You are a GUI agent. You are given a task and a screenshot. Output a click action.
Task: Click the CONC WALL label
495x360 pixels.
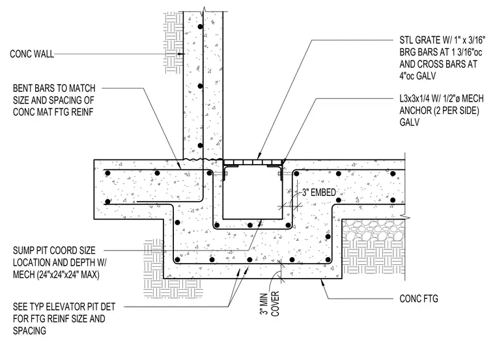click(x=31, y=54)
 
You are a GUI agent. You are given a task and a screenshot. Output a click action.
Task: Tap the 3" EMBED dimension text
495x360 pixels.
click(x=319, y=193)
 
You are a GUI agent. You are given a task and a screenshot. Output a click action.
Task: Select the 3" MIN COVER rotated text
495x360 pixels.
click(x=270, y=303)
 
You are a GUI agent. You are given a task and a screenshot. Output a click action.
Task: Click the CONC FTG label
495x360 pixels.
click(x=419, y=298)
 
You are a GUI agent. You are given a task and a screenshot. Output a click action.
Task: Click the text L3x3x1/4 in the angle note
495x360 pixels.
click(x=417, y=99)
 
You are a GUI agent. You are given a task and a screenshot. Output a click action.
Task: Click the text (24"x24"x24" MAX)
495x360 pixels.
click(x=56, y=275)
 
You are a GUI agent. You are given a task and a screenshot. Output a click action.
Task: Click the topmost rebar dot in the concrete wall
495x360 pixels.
click(x=200, y=27)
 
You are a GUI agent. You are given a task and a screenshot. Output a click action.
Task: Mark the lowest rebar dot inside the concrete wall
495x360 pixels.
click(x=200, y=145)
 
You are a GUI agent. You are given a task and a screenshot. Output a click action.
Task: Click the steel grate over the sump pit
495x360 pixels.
click(x=253, y=162)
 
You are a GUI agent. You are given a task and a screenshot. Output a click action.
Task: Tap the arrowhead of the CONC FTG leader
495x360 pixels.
click(x=322, y=282)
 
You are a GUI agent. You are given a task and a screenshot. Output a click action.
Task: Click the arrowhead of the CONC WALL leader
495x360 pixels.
click(x=181, y=54)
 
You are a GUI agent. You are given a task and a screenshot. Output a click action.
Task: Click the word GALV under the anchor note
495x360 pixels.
click(x=410, y=122)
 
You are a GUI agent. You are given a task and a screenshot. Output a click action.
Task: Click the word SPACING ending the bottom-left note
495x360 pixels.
click(x=29, y=331)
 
